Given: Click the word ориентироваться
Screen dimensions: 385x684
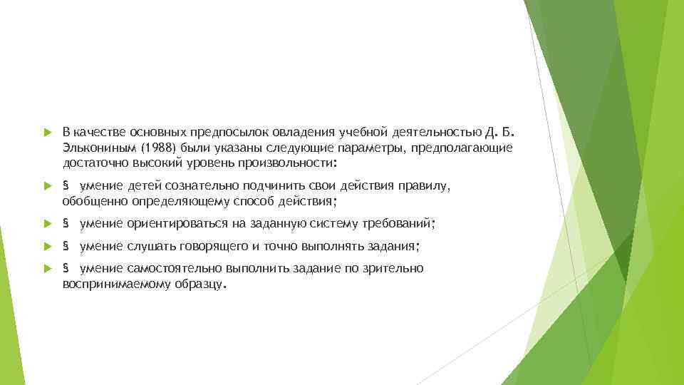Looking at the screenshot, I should [x=177, y=224].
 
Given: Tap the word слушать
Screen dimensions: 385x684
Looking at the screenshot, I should [x=150, y=247].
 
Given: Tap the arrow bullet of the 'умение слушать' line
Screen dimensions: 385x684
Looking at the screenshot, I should [x=47, y=247].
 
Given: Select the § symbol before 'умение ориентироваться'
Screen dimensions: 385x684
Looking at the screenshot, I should [x=66, y=224].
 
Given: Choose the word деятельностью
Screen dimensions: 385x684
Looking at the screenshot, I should [x=447, y=133].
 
